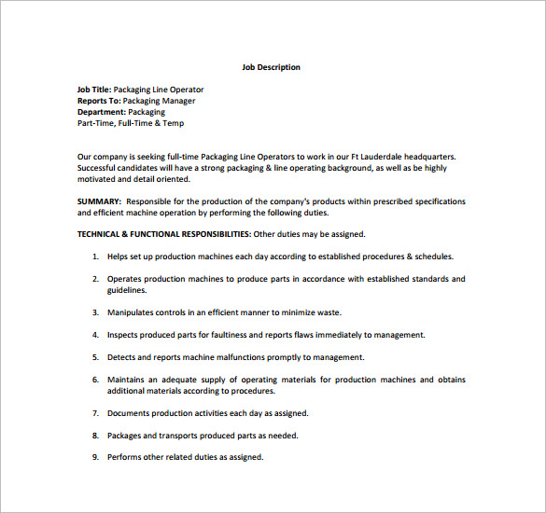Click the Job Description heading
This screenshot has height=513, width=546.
coord(271,67)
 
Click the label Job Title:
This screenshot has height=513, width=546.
coord(93,90)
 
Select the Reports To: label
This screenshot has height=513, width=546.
coord(99,101)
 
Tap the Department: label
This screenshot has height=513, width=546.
coord(101,112)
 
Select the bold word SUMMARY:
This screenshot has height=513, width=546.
coord(98,201)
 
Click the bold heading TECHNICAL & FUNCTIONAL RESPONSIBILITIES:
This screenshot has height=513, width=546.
coord(163,234)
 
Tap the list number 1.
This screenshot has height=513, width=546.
coord(95,256)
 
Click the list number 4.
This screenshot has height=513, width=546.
coord(95,335)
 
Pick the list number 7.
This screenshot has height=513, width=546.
coord(95,413)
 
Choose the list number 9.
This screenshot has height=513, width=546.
coord(95,457)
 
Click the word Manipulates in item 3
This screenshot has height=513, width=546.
coord(132,312)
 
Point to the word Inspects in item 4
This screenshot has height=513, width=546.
coord(124,335)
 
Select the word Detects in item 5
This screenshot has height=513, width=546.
coord(122,357)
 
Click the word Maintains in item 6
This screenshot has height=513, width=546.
coord(128,380)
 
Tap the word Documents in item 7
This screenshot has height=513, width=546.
coord(130,413)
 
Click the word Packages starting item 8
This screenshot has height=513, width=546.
coord(127,436)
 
